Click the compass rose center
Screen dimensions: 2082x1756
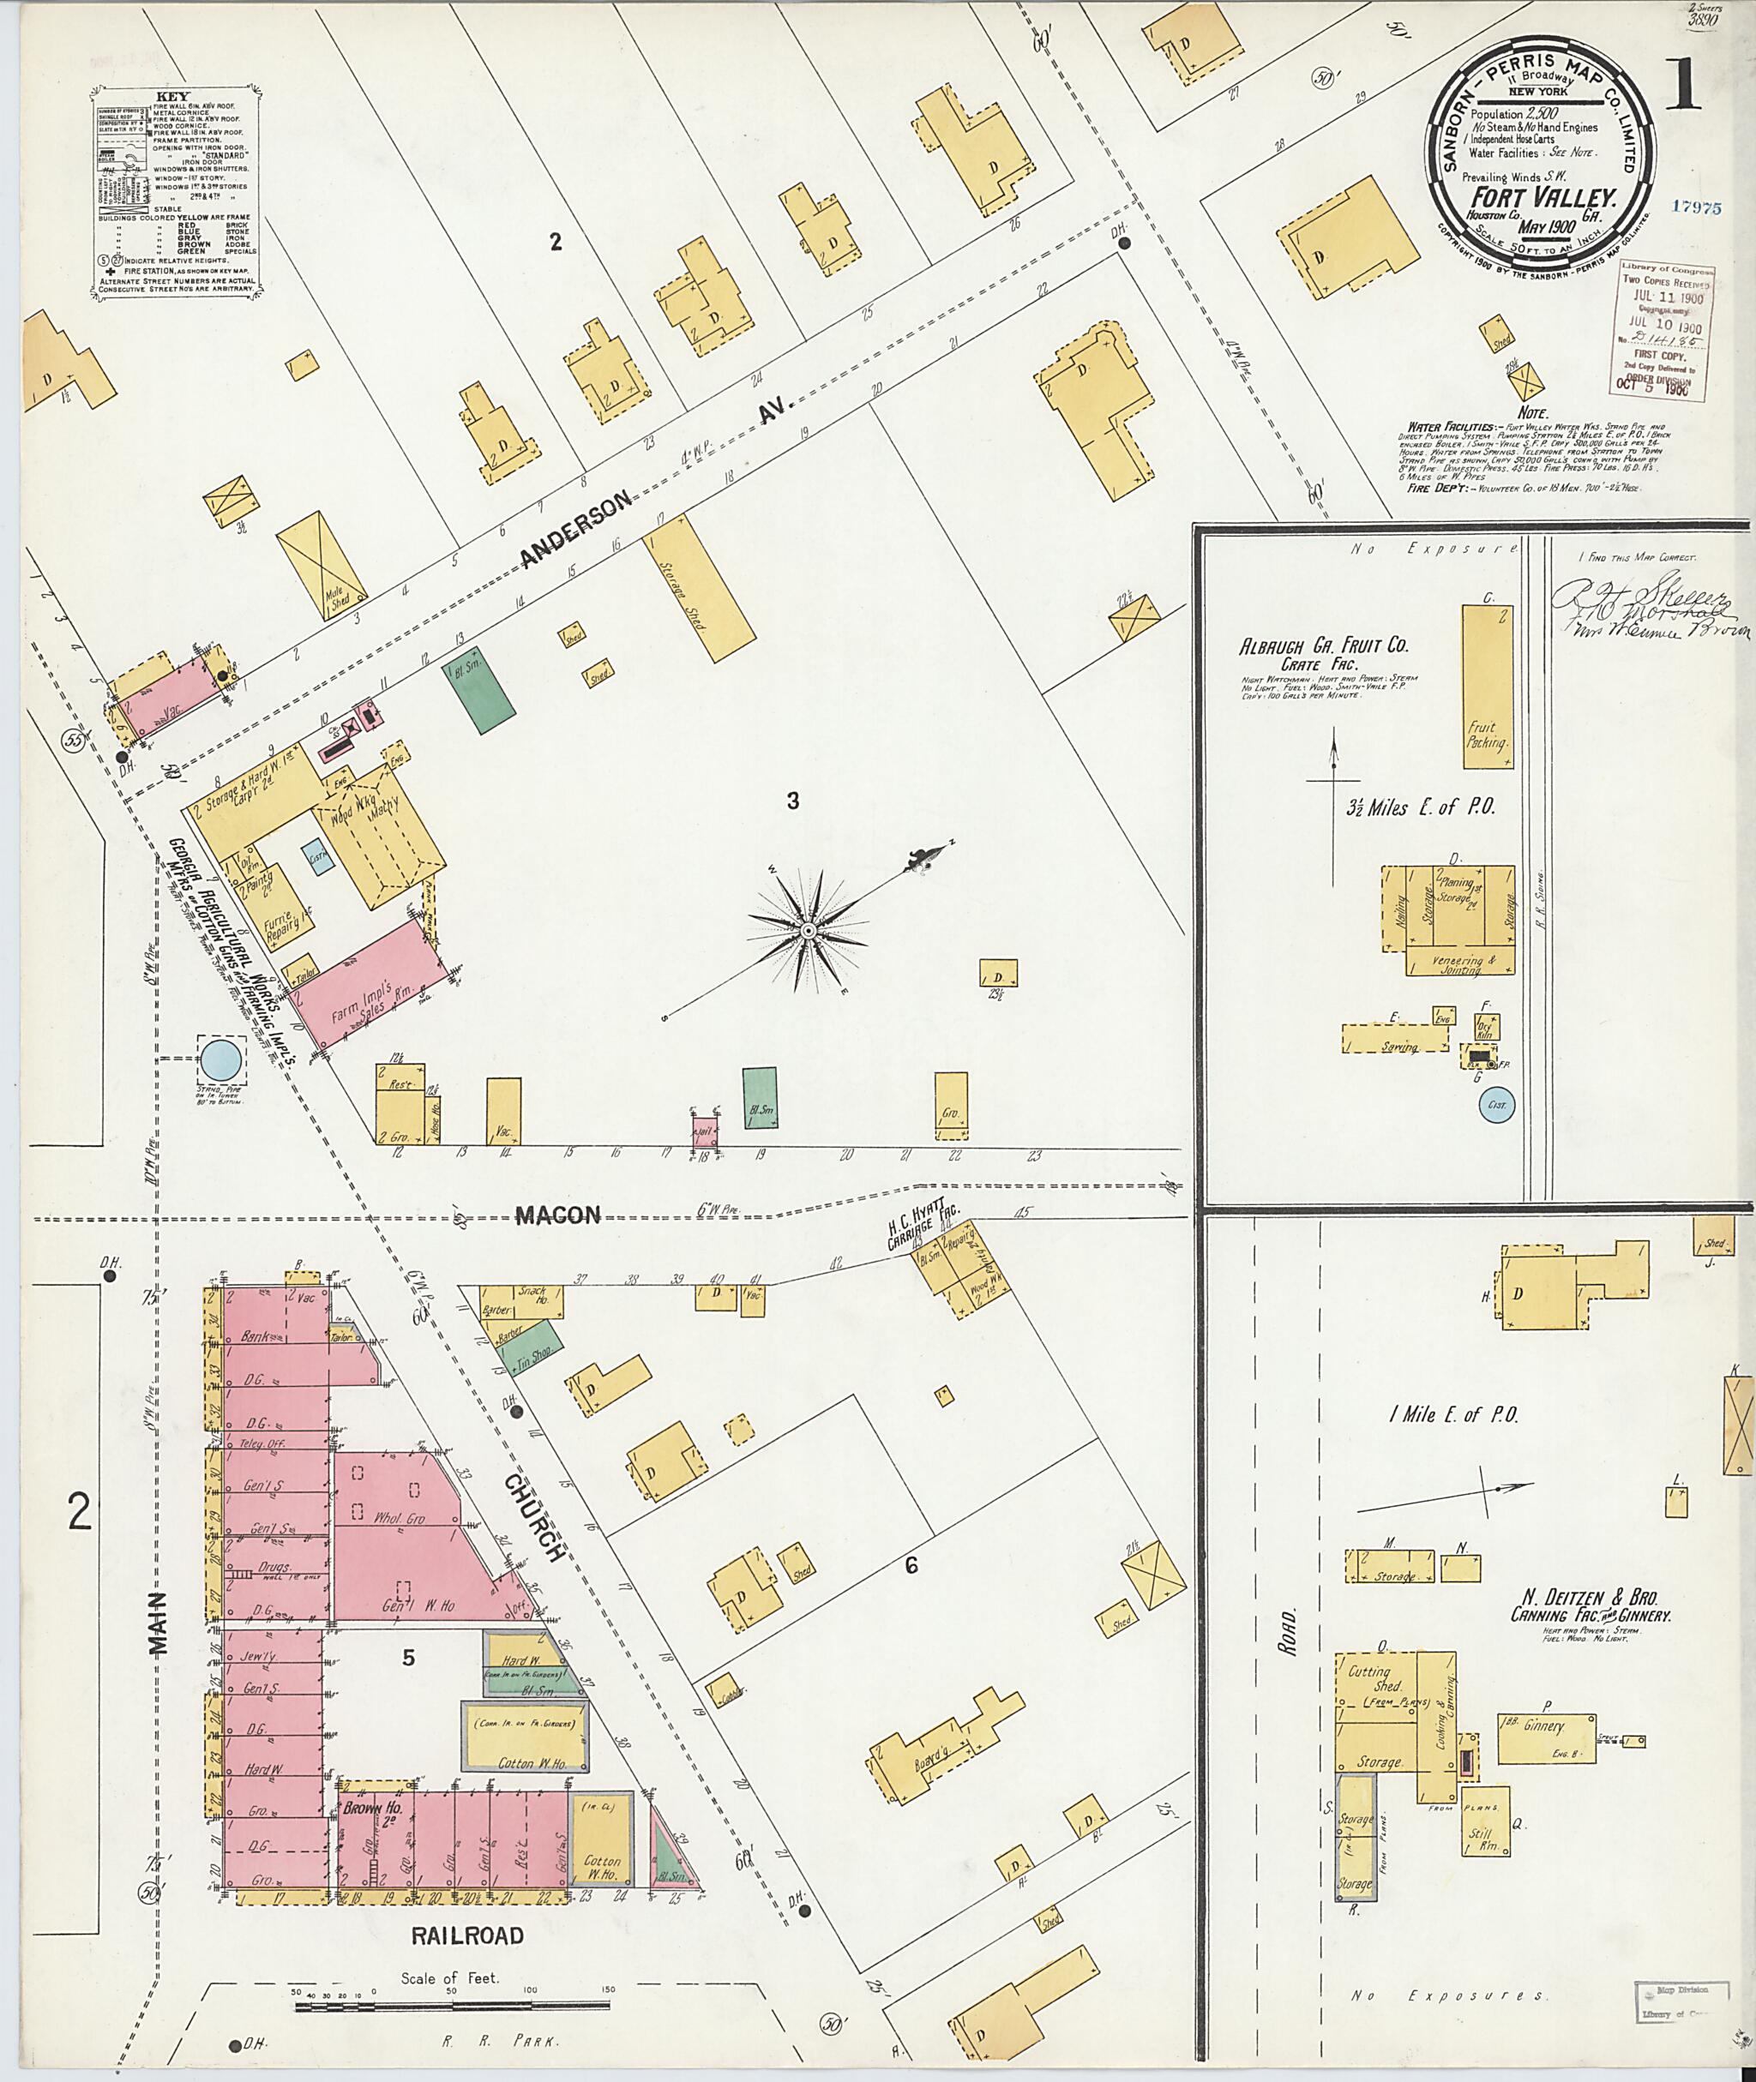(809, 929)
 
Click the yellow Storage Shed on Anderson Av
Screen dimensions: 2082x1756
(698, 586)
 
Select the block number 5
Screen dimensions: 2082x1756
(407, 1657)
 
